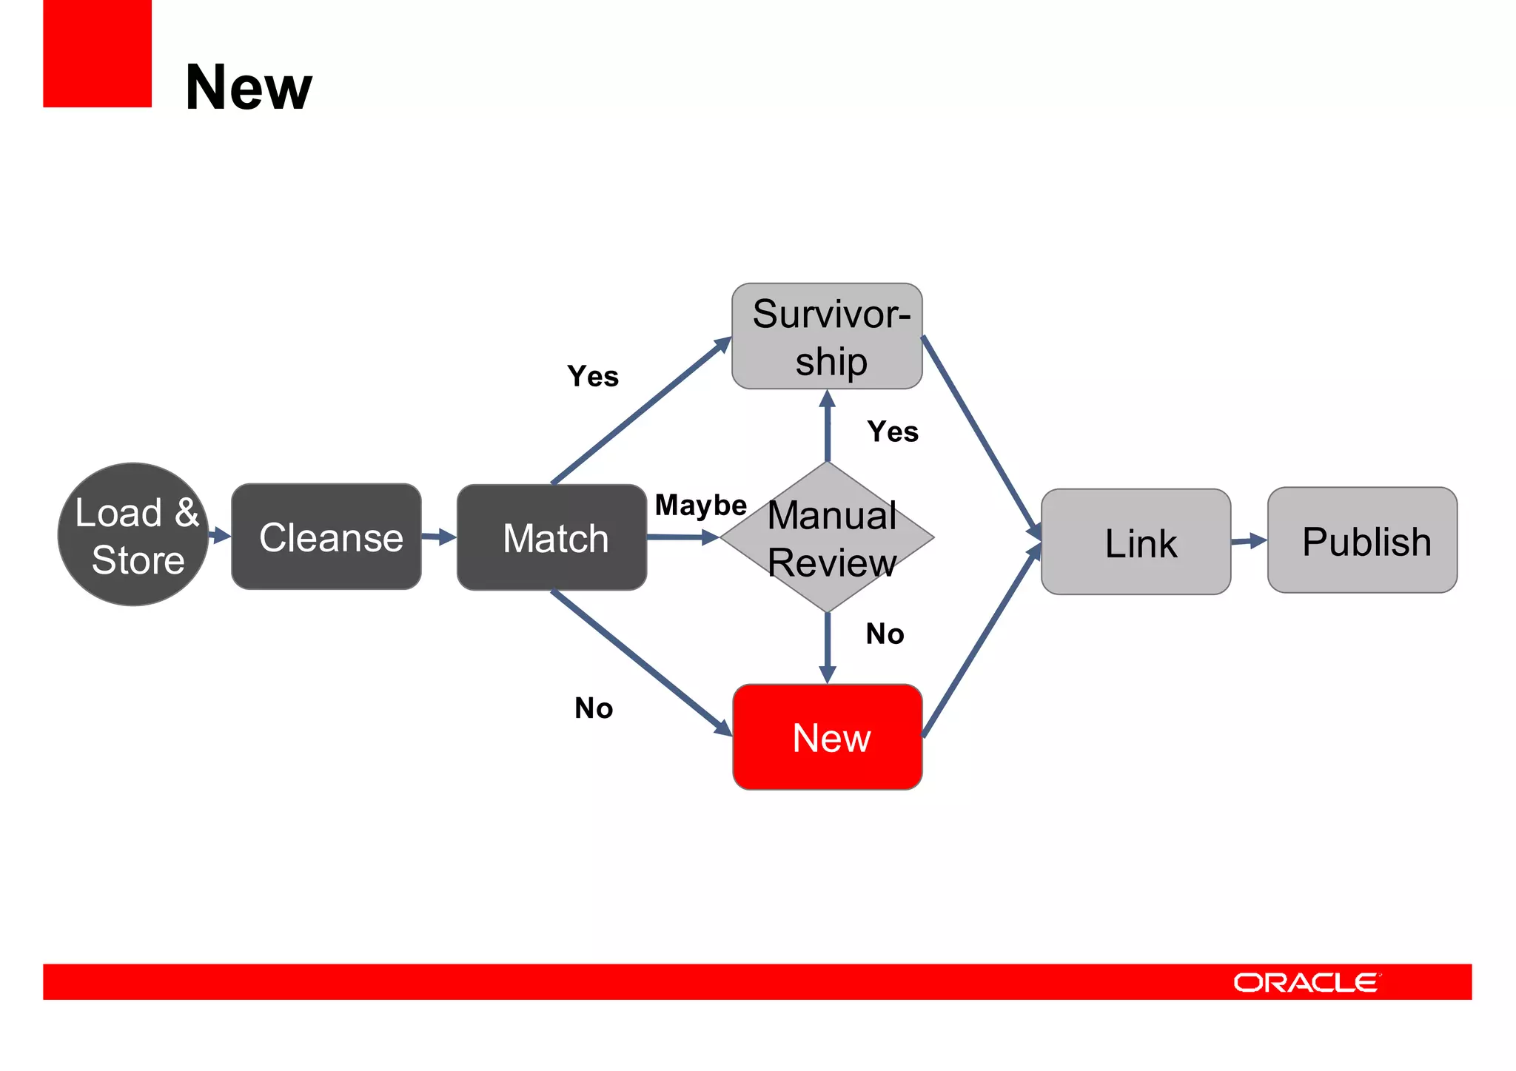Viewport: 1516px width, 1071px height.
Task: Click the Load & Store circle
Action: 133,534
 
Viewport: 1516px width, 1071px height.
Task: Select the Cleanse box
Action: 326,537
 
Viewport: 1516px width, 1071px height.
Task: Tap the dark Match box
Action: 551,537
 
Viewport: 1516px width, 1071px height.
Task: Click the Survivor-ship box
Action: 827,336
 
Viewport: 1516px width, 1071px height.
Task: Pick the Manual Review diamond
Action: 827,537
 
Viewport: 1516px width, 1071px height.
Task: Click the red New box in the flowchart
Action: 827,737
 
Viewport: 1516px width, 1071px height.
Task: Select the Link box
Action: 1136,542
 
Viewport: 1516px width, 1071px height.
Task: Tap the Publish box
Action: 1362,540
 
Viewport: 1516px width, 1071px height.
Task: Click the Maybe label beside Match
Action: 700,506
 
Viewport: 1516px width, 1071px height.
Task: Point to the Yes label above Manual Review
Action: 893,432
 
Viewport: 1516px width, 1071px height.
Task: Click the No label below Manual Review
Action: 885,634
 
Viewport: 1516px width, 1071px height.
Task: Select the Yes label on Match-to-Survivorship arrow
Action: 593,377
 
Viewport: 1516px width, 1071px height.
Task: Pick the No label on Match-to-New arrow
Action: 594,708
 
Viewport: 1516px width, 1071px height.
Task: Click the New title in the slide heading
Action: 249,87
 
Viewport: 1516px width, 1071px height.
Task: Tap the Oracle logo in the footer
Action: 1307,982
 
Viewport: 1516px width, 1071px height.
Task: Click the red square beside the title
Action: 97,53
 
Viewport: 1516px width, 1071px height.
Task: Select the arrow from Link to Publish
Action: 1249,541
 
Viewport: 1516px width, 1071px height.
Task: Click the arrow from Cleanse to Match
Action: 439,537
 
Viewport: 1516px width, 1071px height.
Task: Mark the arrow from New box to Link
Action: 982,641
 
